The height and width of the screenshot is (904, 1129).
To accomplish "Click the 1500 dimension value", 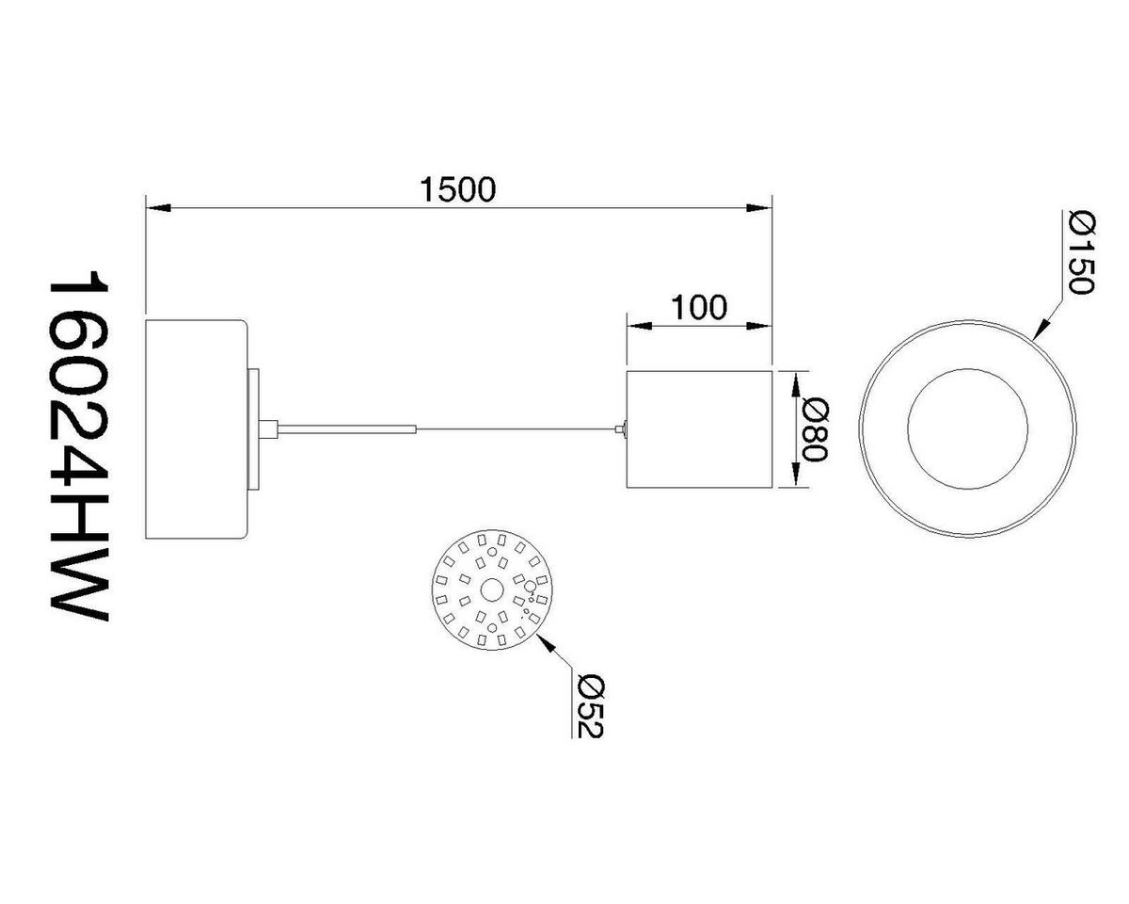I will (x=457, y=189).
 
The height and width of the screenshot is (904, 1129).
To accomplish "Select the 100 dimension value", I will (x=699, y=307).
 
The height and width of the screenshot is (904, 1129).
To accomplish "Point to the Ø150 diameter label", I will (x=1082, y=253).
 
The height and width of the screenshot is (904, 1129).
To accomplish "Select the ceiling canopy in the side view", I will (x=196, y=429).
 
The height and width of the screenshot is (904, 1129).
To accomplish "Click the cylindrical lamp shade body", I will (x=699, y=429).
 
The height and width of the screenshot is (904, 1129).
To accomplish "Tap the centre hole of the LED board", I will (x=490, y=590).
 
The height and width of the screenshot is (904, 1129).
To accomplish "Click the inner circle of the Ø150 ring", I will (x=967, y=429).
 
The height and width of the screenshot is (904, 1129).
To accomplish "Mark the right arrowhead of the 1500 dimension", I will (x=759, y=206).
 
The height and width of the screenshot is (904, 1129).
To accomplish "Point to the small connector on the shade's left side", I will (x=620, y=429).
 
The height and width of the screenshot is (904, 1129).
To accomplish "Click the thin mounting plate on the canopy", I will (x=252, y=429).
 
